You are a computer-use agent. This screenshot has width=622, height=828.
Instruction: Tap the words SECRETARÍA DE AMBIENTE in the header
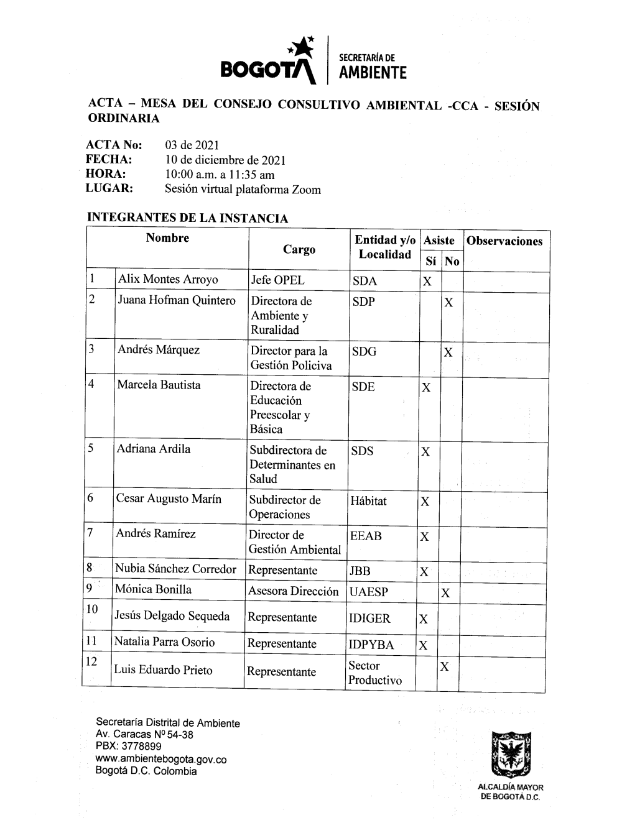(x=372, y=67)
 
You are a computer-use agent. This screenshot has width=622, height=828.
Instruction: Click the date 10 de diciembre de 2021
(x=225, y=160)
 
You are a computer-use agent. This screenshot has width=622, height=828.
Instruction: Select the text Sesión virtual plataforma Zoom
(x=243, y=190)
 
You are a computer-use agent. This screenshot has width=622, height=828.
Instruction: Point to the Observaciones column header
(x=504, y=241)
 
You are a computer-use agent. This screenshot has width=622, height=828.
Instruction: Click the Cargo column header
(x=299, y=249)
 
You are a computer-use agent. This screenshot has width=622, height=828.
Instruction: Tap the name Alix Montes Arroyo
(x=168, y=279)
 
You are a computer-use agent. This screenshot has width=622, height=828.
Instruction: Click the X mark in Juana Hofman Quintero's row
(x=448, y=303)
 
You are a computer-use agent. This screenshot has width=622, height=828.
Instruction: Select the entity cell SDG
(x=364, y=352)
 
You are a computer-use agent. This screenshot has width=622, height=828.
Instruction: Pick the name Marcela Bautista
(x=159, y=385)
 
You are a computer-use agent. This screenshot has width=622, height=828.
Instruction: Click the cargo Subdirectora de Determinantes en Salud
(x=292, y=464)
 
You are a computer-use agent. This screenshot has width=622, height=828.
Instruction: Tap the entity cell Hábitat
(x=368, y=500)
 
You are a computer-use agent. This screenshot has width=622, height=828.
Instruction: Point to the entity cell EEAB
(x=366, y=535)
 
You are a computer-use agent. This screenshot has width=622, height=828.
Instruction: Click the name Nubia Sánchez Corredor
(x=175, y=569)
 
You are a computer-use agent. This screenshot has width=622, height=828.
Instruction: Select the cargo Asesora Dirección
(x=294, y=591)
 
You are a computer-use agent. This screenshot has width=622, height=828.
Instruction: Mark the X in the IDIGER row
(x=424, y=619)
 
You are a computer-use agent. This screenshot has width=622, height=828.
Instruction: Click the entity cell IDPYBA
(x=371, y=645)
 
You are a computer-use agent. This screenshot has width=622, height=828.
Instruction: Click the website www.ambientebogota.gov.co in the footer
(x=160, y=760)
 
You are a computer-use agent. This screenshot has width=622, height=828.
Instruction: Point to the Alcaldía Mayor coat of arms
(x=509, y=756)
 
